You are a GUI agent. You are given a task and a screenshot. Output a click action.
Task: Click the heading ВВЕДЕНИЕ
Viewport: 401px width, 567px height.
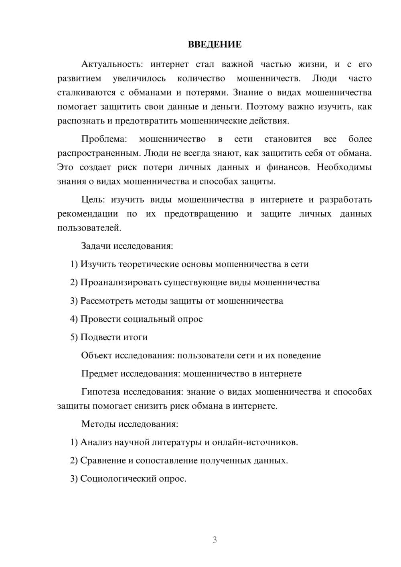pyautogui.click(x=215, y=45)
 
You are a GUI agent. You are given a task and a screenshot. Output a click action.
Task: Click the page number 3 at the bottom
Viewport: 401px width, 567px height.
pyautogui.click(x=215, y=540)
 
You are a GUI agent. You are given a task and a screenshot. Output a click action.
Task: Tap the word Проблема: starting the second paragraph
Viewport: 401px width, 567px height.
pyautogui.click(x=104, y=139)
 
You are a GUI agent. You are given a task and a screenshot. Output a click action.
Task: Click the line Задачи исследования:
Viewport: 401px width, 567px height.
pyautogui.click(x=127, y=246)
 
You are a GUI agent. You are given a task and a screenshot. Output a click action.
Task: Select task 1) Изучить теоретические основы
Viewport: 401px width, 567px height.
pyautogui.click(x=189, y=264)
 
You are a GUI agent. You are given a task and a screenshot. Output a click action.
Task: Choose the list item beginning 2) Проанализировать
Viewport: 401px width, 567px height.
pyautogui.click(x=195, y=282)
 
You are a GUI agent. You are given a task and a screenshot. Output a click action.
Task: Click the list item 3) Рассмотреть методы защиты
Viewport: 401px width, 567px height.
pyautogui.click(x=176, y=301)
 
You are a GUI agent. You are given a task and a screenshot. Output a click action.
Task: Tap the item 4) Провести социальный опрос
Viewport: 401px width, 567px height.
pyautogui.click(x=136, y=319)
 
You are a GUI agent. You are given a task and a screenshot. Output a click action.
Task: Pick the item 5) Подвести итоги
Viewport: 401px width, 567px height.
pyautogui.click(x=109, y=337)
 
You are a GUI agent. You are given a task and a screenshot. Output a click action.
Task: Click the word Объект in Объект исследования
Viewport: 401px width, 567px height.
pyautogui.click(x=97, y=355)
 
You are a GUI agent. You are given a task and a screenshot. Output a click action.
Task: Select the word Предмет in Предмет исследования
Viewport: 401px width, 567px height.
pyautogui.click(x=99, y=374)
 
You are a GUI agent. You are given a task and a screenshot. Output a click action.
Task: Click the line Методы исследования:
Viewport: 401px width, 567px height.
pyautogui.click(x=130, y=424)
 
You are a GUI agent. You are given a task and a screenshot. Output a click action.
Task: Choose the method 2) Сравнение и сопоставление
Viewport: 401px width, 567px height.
pyautogui.click(x=179, y=460)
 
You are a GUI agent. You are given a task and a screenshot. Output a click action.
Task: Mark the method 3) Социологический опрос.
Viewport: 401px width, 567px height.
pyautogui.click(x=128, y=479)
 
